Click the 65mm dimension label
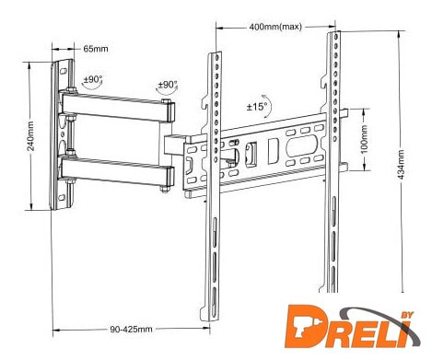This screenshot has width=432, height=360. click(x=96, y=49)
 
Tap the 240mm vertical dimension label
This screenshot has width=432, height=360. click(x=31, y=136)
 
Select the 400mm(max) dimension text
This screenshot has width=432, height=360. click(x=275, y=27)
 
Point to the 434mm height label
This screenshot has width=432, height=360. click(x=402, y=165)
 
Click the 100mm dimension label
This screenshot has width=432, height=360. click(x=364, y=139)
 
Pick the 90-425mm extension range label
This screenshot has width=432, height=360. click(x=131, y=329)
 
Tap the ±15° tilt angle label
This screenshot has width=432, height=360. click(x=257, y=107)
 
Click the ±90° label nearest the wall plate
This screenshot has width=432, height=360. click(x=93, y=79)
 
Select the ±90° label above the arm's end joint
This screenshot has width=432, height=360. click(x=168, y=85)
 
